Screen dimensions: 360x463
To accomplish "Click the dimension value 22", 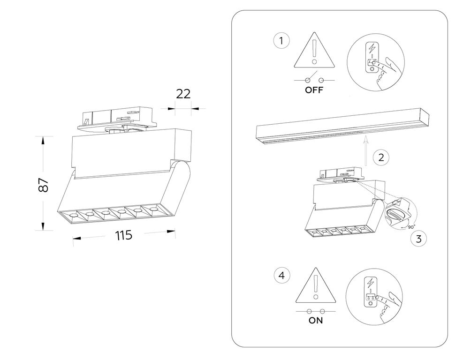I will pos(183,94).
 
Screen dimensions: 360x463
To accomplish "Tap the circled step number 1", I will pos(281,41).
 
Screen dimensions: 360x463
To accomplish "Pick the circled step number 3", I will pos(418,238).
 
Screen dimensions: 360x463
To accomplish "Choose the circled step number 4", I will pos(281,276).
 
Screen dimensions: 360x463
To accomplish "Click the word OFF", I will pos(314,90).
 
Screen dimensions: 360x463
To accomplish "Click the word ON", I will pos(316,321).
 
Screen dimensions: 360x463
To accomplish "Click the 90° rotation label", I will pos(411,227).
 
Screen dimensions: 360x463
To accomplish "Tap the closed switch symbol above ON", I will pos(316,311).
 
